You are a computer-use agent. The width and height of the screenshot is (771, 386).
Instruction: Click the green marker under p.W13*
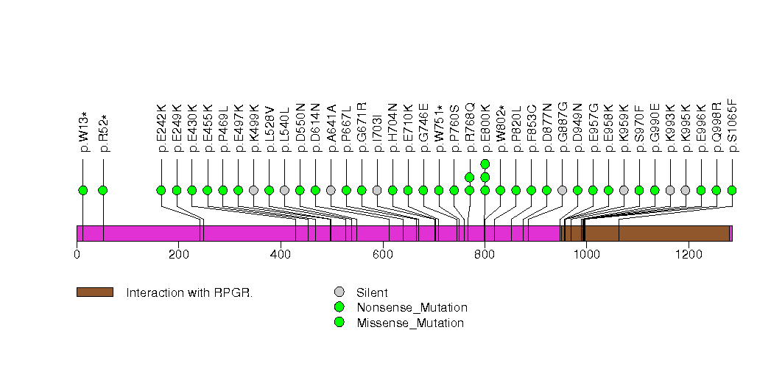83,190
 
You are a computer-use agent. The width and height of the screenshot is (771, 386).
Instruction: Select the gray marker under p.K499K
254,190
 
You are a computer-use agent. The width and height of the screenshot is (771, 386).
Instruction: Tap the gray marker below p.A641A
331,190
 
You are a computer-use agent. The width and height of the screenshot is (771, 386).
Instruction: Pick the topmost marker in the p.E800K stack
485,164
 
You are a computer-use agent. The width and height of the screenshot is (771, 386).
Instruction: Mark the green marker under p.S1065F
732,190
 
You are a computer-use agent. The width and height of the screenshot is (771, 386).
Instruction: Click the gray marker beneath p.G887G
563,190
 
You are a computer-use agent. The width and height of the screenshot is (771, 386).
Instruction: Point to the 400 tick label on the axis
281,255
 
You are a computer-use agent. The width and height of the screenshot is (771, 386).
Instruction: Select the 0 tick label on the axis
77,255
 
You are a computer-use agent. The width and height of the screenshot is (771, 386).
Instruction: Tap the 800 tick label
485,255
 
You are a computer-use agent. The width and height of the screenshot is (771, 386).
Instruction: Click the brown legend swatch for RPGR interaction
94,292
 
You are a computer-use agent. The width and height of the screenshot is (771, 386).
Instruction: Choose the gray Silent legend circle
339,292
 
